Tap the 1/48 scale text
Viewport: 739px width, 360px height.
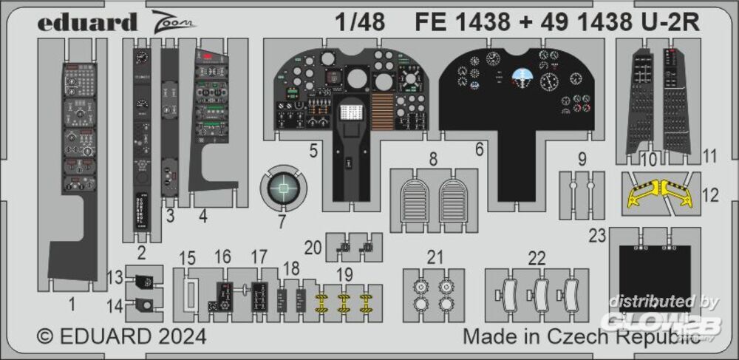[x=359, y=22]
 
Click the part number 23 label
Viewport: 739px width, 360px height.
[x=597, y=234]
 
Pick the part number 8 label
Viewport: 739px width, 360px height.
[x=432, y=157]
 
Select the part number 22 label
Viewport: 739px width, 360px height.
[x=536, y=257]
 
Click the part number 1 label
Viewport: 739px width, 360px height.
[x=72, y=302]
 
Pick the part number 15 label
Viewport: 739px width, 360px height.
[x=188, y=257]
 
